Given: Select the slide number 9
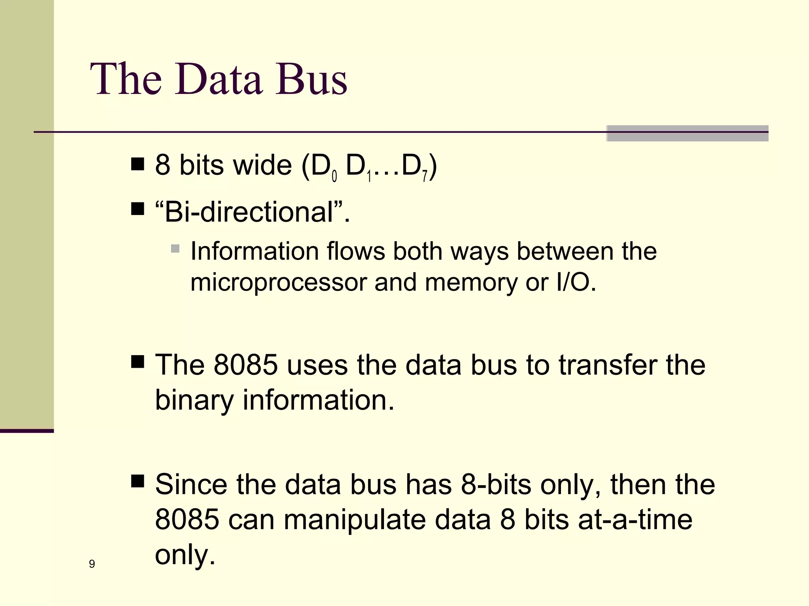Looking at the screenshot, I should click(x=92, y=564).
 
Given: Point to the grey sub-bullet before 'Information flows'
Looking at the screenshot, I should click(x=175, y=249).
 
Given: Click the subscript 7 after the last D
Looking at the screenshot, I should click(x=424, y=176).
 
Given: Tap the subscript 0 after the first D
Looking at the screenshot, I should click(x=334, y=176).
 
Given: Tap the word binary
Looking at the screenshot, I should click(x=194, y=400).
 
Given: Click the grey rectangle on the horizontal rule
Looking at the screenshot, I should click(x=687, y=133).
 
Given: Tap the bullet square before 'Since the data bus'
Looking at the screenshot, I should click(x=137, y=482).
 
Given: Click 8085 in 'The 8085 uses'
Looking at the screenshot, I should click(x=246, y=365).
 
